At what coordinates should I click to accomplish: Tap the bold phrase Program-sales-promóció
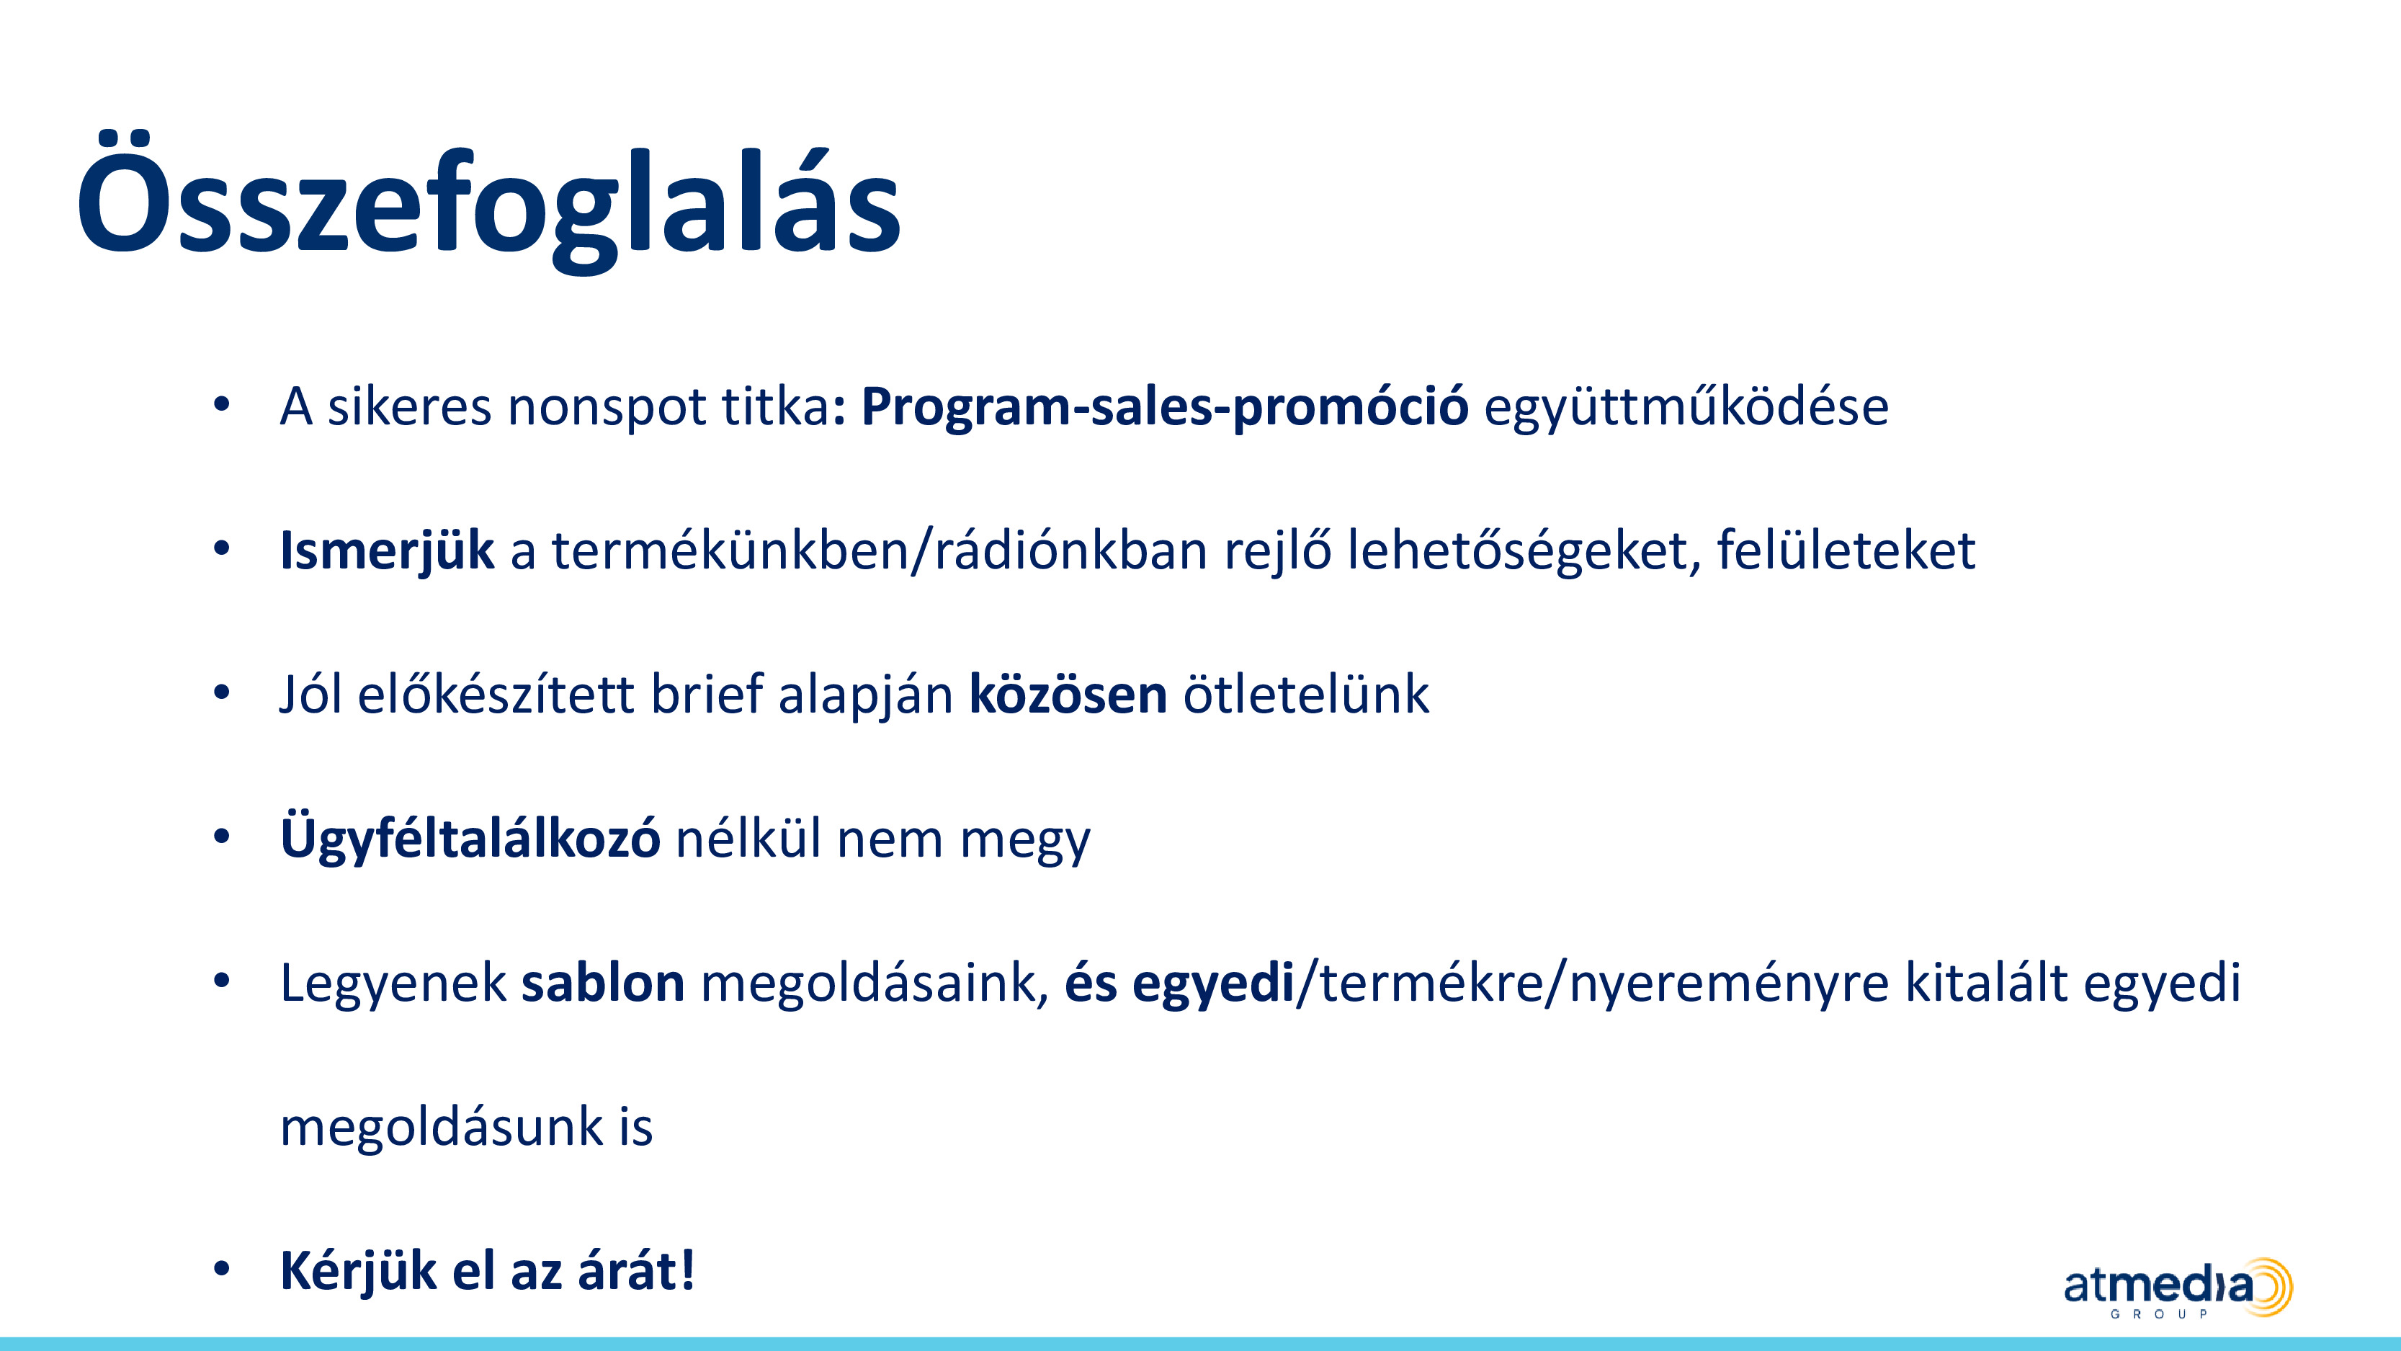pos(1164,407)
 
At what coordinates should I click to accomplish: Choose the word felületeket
pos(1846,549)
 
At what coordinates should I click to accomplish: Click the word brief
pos(707,694)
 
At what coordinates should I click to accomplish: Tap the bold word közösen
pos(1068,695)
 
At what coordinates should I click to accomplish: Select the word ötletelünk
pos(1306,694)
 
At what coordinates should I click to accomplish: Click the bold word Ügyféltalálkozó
pos(470,838)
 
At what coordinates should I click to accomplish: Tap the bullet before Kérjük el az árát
pos(221,1269)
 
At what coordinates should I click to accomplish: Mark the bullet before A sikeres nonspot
pos(221,405)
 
